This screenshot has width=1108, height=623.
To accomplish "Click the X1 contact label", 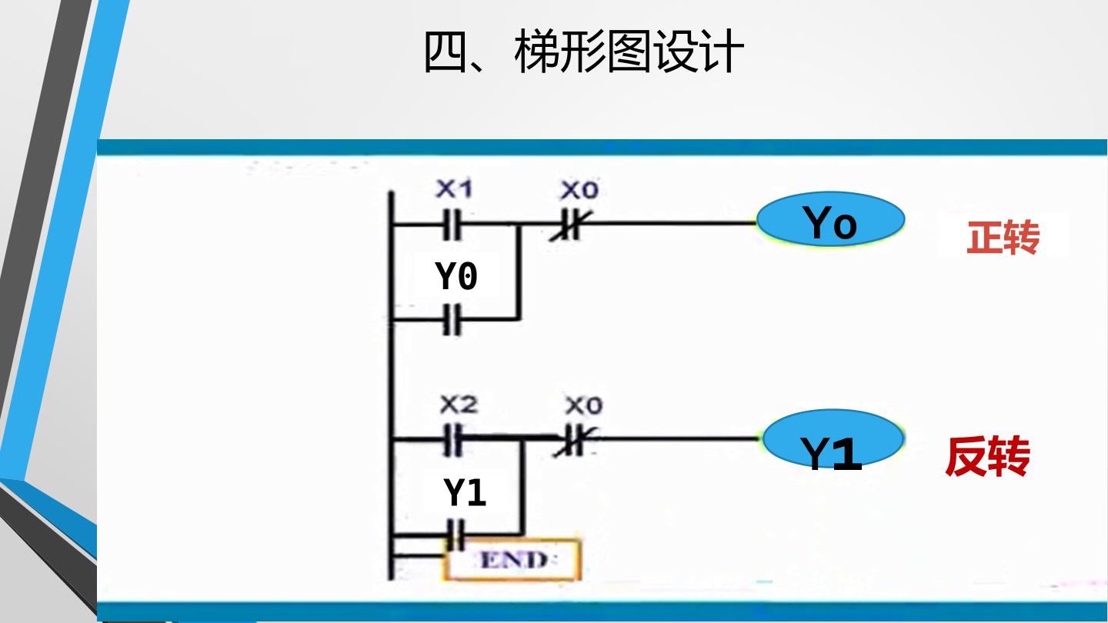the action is click(x=454, y=188).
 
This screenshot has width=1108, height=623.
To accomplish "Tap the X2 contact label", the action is click(x=459, y=405).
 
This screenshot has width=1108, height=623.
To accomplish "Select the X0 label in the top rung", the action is click(x=579, y=190).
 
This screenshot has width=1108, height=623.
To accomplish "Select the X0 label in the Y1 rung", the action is click(x=584, y=405).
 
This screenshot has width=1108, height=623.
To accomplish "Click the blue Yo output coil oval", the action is click(x=831, y=219).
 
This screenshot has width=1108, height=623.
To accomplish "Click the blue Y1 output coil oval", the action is click(x=833, y=438).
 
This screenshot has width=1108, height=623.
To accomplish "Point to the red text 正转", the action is click(x=1003, y=238).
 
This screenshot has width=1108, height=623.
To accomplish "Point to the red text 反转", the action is click(x=987, y=456).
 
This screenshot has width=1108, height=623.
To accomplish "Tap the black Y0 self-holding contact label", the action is click(x=456, y=275).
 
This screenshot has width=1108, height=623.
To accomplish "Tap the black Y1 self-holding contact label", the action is click(x=465, y=492).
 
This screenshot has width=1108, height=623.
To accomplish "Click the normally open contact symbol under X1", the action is click(x=452, y=225).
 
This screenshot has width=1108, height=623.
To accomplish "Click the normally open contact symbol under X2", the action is click(x=453, y=439).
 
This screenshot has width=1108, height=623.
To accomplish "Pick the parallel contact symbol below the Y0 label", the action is click(x=452, y=319).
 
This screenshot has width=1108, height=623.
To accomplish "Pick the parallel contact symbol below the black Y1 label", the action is click(x=456, y=535).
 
